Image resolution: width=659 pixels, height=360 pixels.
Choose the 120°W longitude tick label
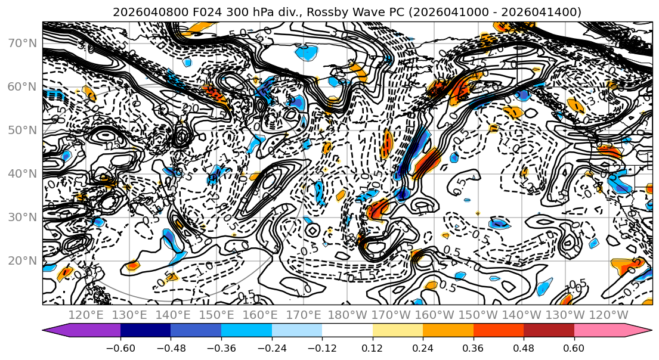[x=608, y=315]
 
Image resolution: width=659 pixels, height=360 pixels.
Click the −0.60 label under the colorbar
[x=120, y=347]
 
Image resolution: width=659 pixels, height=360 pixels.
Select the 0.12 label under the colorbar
[x=372, y=347]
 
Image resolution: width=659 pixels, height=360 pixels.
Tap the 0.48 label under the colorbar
[x=524, y=347]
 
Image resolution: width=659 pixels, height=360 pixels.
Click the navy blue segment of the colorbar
[x=146, y=330]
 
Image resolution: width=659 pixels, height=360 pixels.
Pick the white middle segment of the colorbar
[x=347, y=330]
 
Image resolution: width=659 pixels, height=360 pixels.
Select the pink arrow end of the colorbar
[x=638, y=330]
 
